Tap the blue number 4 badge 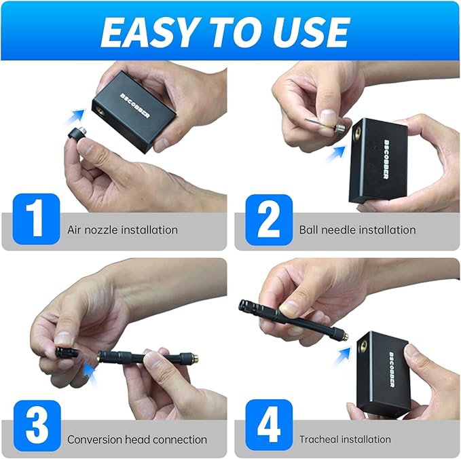pyautogui.click(x=269, y=426)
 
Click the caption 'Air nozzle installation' pyautogui.click(x=122, y=229)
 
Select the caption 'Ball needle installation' pyautogui.click(x=357, y=229)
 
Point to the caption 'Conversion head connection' pyautogui.click(x=136, y=439)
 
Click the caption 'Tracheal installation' pyautogui.click(x=345, y=439)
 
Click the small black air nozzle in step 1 pyautogui.click(x=77, y=130)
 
